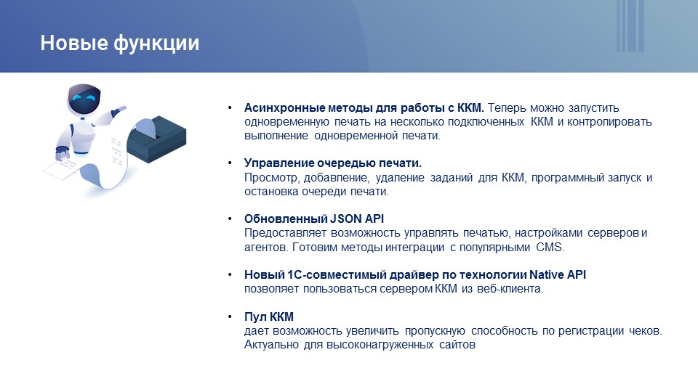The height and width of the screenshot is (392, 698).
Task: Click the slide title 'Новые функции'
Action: [x=120, y=44]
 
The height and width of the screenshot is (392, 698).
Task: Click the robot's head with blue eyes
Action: [x=84, y=100]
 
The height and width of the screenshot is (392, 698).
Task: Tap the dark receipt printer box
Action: [x=156, y=139]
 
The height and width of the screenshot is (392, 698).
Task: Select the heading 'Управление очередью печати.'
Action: [x=332, y=163]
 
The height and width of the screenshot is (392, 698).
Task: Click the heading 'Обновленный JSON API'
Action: [x=314, y=219]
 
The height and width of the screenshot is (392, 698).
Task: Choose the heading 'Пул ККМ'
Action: [x=269, y=317]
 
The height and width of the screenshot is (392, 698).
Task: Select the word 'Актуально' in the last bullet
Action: [x=271, y=345]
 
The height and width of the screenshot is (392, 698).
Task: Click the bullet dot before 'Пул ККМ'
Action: [x=230, y=317]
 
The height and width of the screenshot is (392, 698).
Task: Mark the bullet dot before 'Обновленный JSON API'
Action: [x=230, y=219]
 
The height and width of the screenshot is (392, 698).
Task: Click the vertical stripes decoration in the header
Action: [x=630, y=26]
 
